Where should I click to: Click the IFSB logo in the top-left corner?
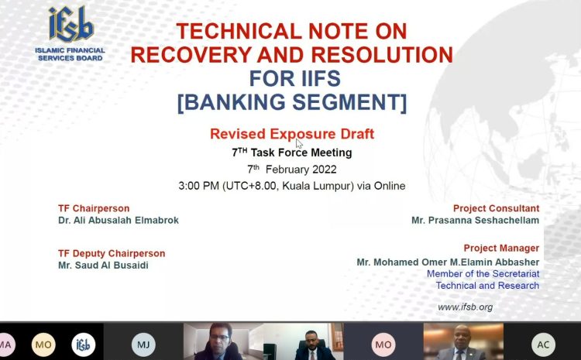point(70,33)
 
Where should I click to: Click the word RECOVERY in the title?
point(191,55)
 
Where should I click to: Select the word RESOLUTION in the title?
point(382,55)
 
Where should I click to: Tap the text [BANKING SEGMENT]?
point(292,102)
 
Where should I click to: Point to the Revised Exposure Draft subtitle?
point(292,134)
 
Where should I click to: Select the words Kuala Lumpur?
point(316,186)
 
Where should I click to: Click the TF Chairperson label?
point(94,208)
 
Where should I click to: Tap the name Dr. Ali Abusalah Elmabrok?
point(119,221)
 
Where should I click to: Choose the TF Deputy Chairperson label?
point(112,253)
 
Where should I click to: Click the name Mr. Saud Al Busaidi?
point(103,266)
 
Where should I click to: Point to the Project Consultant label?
point(496,208)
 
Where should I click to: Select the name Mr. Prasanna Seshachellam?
point(475,221)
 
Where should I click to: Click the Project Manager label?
point(501,248)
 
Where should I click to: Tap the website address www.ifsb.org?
point(466,307)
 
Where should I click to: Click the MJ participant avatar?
point(143,345)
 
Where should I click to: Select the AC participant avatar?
point(543,345)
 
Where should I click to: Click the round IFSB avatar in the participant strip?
point(84,345)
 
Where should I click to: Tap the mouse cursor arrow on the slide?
point(299,144)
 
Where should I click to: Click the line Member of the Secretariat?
point(483,274)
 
